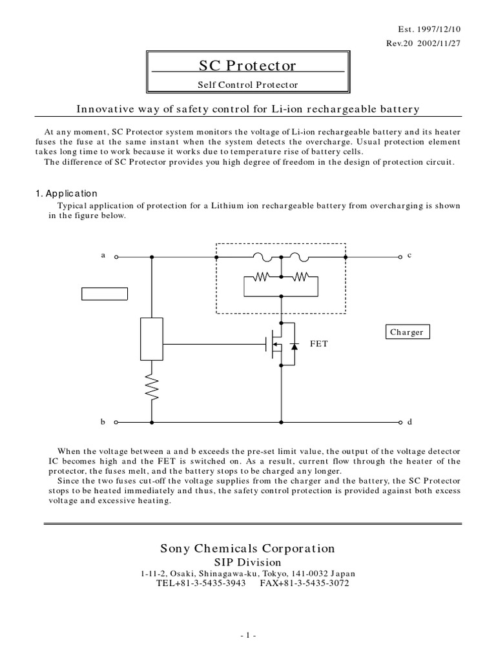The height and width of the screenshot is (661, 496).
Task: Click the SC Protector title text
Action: (248, 66)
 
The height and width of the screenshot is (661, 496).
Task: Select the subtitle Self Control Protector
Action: (248, 84)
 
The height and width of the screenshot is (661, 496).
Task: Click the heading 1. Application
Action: (65, 193)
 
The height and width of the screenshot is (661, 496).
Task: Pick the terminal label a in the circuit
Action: (103, 255)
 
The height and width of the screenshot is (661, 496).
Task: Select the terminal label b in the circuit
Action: (103, 422)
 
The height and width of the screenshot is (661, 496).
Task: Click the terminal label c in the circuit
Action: (409, 255)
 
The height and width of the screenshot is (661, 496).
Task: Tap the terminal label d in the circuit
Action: (409, 422)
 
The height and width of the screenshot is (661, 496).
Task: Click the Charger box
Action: (407, 332)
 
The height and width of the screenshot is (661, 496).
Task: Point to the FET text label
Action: (319, 344)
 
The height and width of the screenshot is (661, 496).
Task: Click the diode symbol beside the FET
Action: (295, 347)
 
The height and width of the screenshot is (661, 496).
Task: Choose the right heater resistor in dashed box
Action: (300, 278)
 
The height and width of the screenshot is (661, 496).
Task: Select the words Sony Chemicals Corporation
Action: (248, 548)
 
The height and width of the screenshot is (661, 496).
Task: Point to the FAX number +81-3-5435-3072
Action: (306, 583)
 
